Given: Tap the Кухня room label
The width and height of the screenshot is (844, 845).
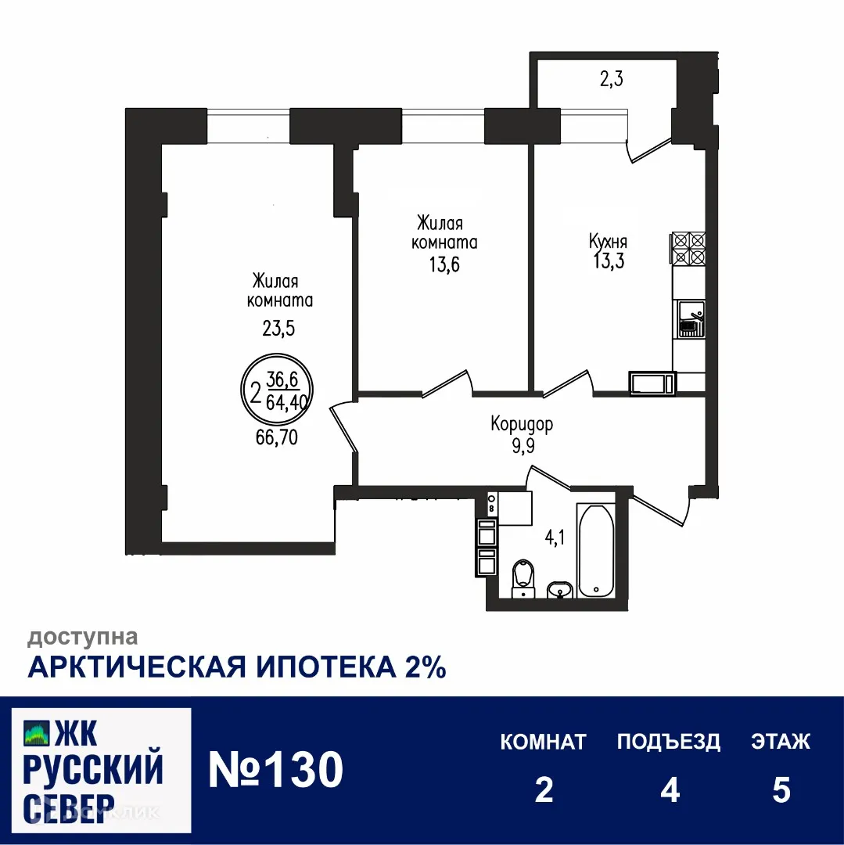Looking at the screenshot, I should (x=608, y=242).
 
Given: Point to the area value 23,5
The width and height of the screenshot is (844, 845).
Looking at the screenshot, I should (x=278, y=329).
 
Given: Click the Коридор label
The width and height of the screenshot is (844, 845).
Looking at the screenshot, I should (x=522, y=425).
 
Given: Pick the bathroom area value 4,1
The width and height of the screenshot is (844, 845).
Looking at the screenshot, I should (x=555, y=538).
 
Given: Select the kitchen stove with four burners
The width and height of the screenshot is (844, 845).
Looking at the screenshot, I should (x=688, y=248).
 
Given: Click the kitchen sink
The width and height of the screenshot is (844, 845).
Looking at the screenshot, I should (x=690, y=318).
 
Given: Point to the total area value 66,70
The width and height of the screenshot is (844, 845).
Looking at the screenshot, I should (x=277, y=438).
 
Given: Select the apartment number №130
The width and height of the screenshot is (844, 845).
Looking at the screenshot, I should (x=276, y=769).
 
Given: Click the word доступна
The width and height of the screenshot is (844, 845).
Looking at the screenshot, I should (x=83, y=638).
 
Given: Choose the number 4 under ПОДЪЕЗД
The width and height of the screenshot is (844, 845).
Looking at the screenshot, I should (x=669, y=790).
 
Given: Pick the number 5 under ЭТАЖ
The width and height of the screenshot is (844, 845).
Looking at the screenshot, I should (x=781, y=790).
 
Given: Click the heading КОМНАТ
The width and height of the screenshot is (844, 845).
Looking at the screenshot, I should (x=543, y=742).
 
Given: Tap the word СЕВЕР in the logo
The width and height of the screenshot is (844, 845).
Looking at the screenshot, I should (x=69, y=807).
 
